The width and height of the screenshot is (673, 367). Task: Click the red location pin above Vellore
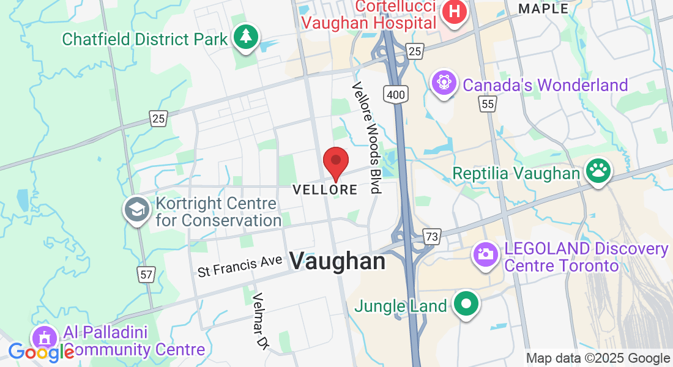coord(335,162)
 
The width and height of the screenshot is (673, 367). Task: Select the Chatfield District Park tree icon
coord(247,37)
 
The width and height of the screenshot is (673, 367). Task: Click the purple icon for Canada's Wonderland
coord(444,84)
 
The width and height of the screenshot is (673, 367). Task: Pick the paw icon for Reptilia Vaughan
coord(597,172)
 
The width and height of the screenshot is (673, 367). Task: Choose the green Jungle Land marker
coord(466,303)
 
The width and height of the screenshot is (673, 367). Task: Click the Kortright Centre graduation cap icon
coord(137,210)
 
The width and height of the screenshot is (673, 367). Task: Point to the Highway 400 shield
coord(396,94)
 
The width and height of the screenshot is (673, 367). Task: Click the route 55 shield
coord(487,104)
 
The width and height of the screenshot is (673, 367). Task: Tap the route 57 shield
coord(146,275)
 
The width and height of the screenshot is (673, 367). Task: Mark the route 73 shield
coord(432,237)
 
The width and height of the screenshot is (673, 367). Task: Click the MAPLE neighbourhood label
coord(543,8)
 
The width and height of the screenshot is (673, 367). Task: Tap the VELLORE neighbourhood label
coord(325,190)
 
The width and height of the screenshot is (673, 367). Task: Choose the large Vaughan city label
coord(338,262)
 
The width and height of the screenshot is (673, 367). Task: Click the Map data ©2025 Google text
coord(598,358)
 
